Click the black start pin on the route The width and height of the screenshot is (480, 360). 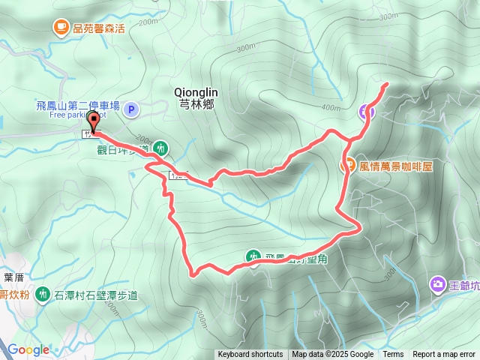(x=94, y=121)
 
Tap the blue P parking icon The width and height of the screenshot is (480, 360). (x=131, y=110)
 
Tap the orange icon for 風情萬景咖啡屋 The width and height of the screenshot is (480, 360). (x=347, y=166)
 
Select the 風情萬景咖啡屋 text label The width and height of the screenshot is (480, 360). (x=396, y=166)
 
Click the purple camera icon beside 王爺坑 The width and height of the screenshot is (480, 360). (x=437, y=283)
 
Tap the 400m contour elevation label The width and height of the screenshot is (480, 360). (x=330, y=107)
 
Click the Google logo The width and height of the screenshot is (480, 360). (x=28, y=349)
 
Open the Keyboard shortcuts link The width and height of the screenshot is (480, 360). (x=250, y=355)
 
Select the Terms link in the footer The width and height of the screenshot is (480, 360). (x=393, y=355)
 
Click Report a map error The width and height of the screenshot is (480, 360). (x=445, y=355)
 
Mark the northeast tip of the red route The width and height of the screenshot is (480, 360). (x=386, y=83)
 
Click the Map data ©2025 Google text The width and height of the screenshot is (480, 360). (x=332, y=355)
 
